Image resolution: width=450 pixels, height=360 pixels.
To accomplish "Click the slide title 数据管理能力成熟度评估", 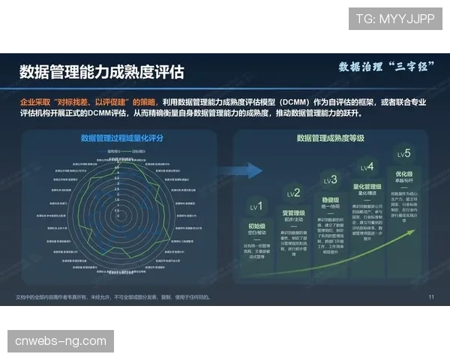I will [101, 71].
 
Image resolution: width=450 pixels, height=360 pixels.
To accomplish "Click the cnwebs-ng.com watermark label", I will [61, 341].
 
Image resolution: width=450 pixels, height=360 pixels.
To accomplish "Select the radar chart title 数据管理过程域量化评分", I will [121, 138].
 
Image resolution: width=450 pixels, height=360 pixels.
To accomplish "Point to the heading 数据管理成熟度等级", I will [331, 138].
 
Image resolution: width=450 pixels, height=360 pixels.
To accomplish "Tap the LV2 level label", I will [293, 193].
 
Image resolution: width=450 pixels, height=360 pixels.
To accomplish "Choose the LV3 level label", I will [330, 180].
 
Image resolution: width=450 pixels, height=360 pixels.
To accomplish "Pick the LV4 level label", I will [367, 167].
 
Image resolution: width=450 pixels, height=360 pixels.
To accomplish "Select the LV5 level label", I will [403, 154].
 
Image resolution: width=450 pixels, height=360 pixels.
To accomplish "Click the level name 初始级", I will [256, 225].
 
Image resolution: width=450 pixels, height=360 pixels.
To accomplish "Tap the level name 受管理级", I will [293, 213].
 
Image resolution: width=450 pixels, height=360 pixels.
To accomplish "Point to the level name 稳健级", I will [330, 200].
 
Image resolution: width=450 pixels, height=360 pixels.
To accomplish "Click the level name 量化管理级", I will [367, 187].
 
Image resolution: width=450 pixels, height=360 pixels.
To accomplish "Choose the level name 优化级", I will [404, 174].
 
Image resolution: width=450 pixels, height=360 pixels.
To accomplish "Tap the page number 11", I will [431, 297].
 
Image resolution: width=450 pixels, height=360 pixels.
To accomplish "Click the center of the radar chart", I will [116, 213].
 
